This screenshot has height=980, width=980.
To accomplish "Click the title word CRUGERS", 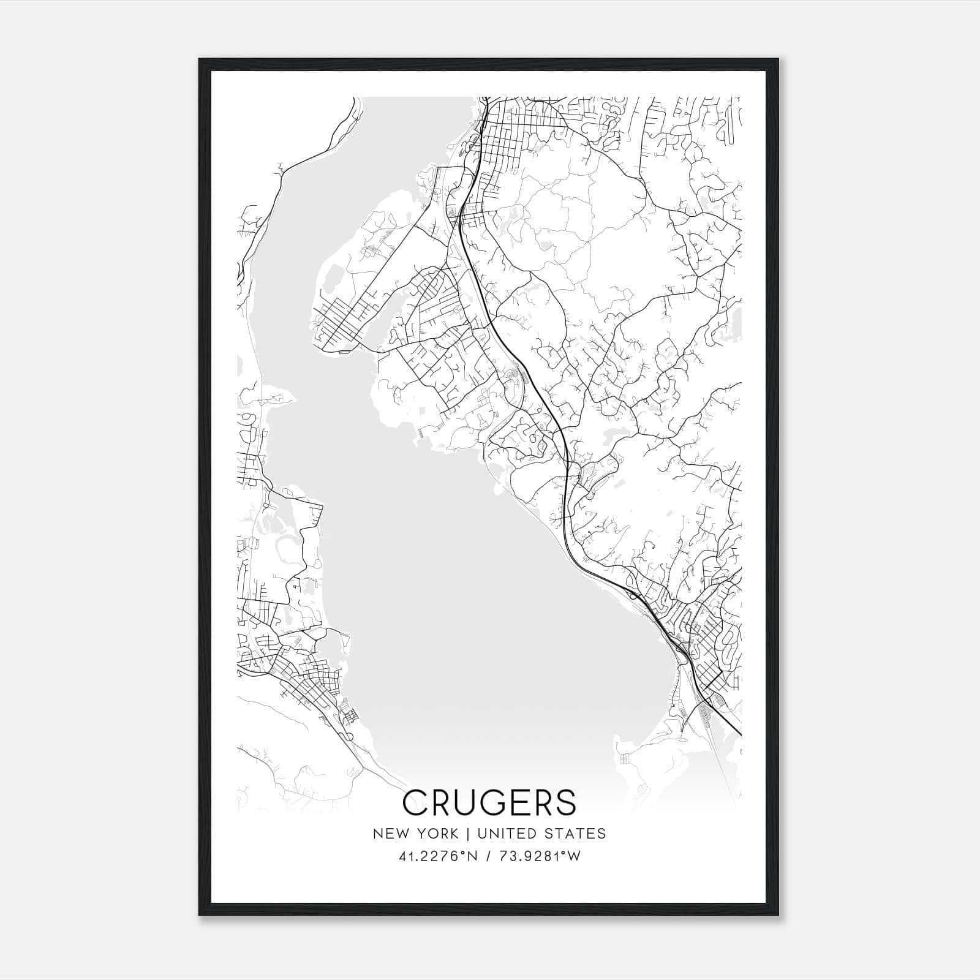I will tap(489, 802).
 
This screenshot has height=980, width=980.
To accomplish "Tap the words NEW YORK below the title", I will tap(415, 834).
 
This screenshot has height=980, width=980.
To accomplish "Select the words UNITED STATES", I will tap(541, 834).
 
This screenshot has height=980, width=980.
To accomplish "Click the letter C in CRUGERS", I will tap(417, 802).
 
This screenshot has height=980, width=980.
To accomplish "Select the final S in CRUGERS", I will tap(566, 802).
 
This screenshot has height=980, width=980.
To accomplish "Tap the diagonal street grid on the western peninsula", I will tap(343, 318).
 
